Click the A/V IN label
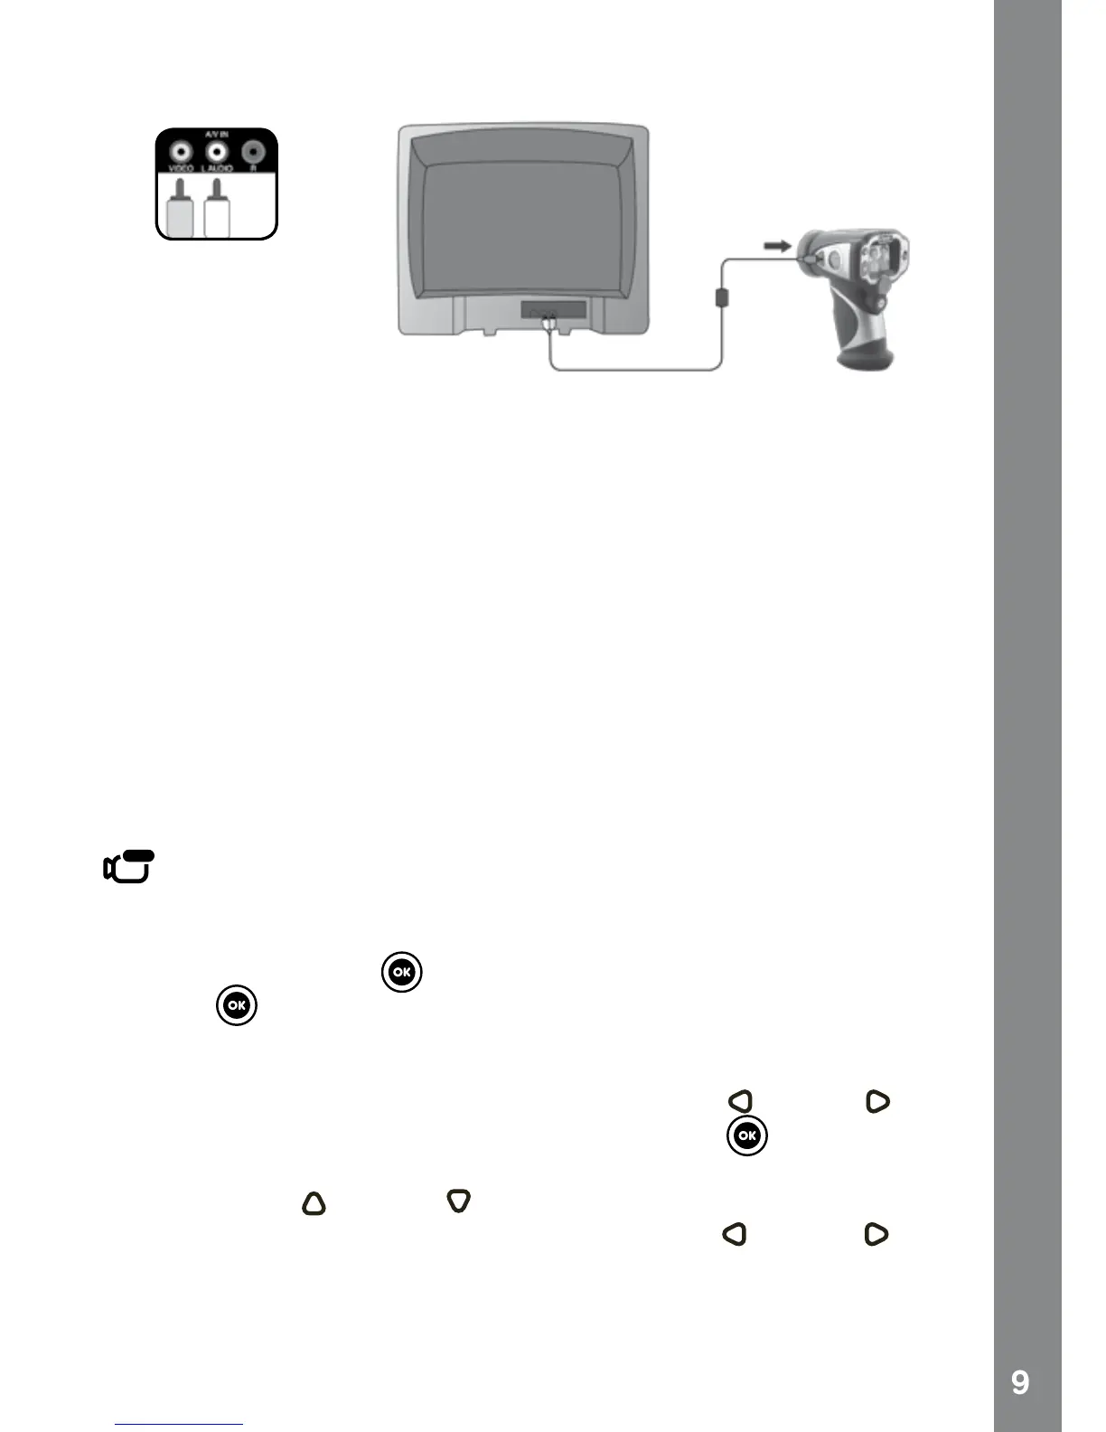click(216, 135)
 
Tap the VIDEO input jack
click(182, 152)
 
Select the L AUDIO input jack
click(217, 152)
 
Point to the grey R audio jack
click(253, 152)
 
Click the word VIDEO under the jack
click(181, 168)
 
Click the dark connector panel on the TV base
click(553, 310)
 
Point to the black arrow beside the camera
click(777, 245)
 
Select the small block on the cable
click(722, 297)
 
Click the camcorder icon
click(128, 867)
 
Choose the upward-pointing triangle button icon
click(314, 1203)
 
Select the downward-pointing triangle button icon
click(459, 1201)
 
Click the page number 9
click(1020, 1382)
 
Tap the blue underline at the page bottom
click(179, 1424)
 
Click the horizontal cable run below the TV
click(633, 369)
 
